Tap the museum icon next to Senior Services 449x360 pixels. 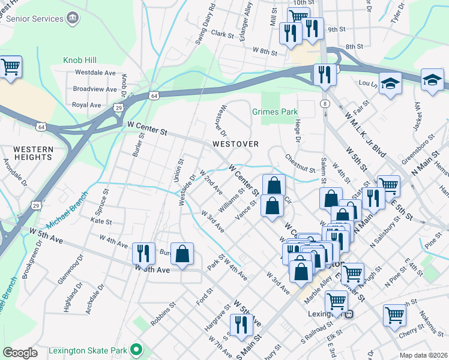tap(72, 19)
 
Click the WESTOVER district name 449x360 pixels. tap(235, 144)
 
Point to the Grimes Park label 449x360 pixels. tap(275, 112)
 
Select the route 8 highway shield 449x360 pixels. tap(325, 103)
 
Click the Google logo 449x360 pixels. tap(20, 352)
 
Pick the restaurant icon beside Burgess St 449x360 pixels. tap(142, 253)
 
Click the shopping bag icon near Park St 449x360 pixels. tap(182, 253)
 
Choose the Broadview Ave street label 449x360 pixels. tap(94, 89)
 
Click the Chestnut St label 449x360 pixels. tap(300, 161)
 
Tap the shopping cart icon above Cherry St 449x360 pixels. tap(395, 314)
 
